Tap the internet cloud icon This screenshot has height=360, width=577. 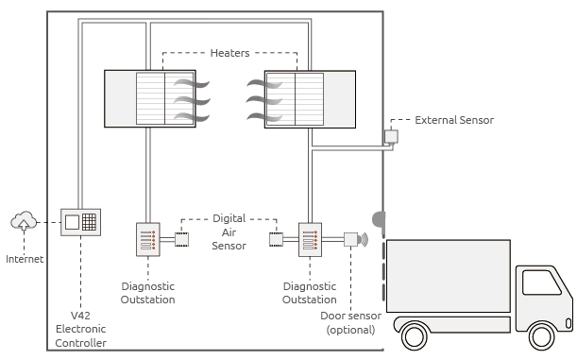coord(23,221)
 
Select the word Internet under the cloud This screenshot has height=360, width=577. coord(25,258)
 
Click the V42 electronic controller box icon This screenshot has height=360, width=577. coord(80,223)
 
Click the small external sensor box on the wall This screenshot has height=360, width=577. coord(390,136)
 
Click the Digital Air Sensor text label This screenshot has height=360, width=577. coord(229,231)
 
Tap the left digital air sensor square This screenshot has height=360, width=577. coord(181,239)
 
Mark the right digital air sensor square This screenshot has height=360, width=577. coord(276,239)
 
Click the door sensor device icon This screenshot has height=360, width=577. coord(352,239)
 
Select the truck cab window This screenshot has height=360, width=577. coord(540,283)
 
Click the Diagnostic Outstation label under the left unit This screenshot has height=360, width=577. coord(148,293)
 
